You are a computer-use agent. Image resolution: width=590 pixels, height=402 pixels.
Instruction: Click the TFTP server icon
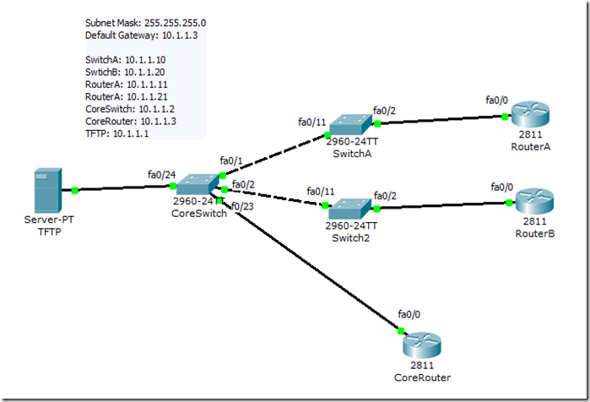click(46, 191)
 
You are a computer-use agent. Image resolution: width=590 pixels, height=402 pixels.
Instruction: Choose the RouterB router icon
click(534, 200)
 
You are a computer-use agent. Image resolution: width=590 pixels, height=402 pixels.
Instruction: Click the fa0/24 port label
click(160, 175)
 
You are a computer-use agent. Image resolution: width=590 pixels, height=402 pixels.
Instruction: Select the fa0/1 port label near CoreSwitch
click(230, 160)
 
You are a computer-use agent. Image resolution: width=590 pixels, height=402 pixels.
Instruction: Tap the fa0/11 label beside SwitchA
click(312, 121)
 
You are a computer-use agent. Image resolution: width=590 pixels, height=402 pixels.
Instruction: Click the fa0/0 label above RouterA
click(497, 100)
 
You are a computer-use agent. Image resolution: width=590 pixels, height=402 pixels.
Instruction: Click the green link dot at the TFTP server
click(75, 190)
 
